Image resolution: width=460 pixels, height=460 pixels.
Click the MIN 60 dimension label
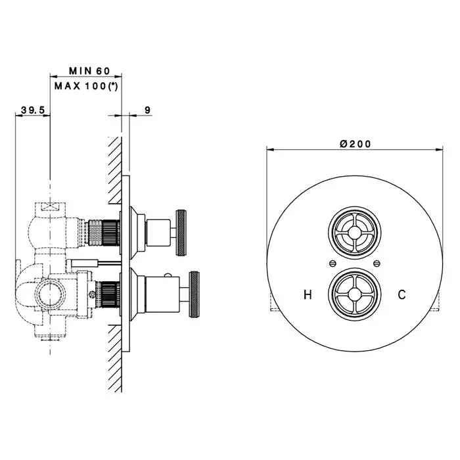pos(89,71)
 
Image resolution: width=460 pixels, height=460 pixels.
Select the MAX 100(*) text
pos(86,86)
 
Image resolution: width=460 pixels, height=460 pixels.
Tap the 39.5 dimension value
pos(33,110)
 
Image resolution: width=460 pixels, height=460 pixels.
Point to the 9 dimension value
pos(148,110)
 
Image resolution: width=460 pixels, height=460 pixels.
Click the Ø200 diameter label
pos(356,144)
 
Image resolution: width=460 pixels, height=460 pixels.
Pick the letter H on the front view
pos(308,294)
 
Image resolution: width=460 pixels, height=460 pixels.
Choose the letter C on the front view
pos(402,294)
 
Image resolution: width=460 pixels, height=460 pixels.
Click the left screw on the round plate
pos(332,264)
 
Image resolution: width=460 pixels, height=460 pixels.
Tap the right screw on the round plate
pos(377,264)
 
